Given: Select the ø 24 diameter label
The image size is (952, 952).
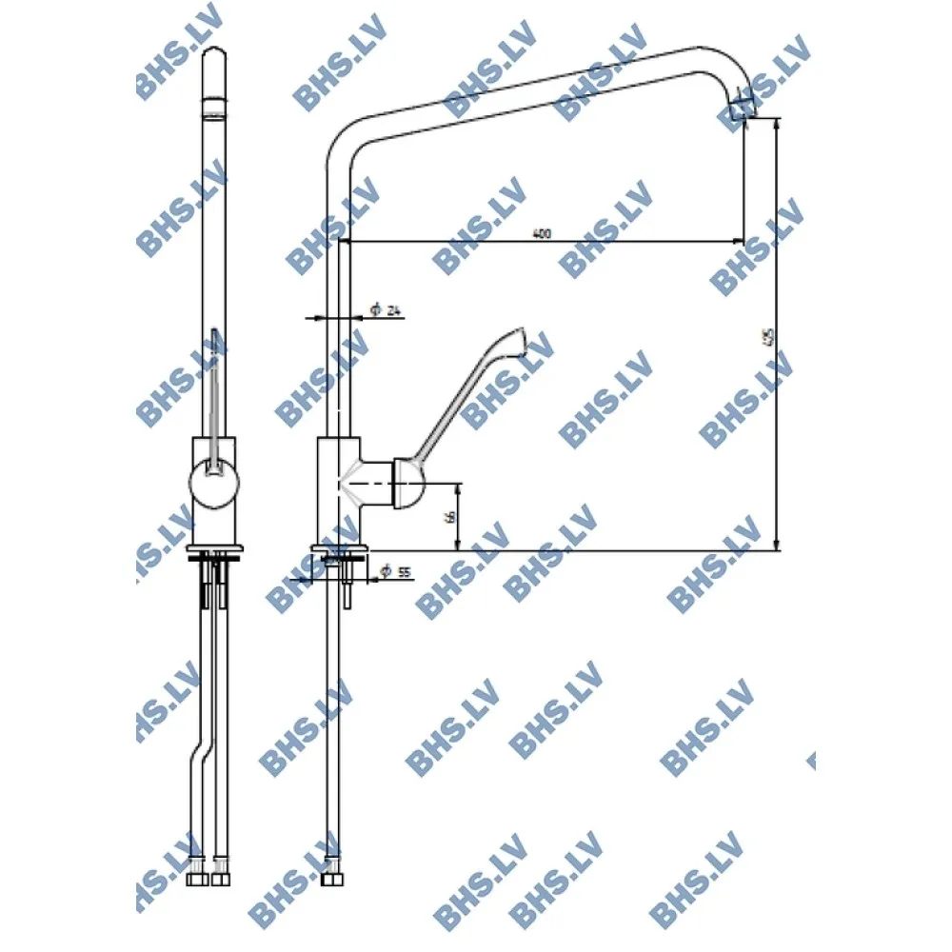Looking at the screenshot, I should pyautogui.click(x=386, y=309).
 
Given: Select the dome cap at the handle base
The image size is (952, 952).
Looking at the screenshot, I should pyautogui.click(x=407, y=484).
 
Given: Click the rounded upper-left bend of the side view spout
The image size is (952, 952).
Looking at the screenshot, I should pyautogui.click(x=342, y=138).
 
